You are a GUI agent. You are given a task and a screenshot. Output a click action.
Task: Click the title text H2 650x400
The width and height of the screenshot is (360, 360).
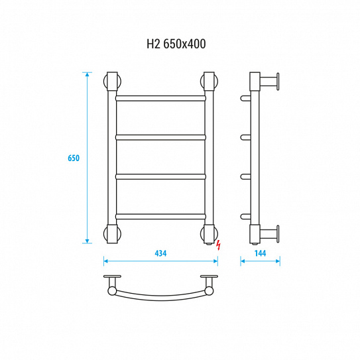[x=176, y=44]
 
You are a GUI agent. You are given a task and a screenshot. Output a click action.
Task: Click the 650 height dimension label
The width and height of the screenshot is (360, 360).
[x=74, y=158]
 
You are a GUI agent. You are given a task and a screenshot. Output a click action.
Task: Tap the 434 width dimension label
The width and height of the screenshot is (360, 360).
[x=160, y=253]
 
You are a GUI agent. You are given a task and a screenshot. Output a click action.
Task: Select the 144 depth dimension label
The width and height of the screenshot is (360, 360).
[x=260, y=253]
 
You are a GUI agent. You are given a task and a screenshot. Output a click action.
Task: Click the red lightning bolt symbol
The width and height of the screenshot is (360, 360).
[x=219, y=245]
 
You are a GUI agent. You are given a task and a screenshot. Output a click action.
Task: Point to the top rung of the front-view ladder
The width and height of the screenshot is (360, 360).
[x=160, y=99]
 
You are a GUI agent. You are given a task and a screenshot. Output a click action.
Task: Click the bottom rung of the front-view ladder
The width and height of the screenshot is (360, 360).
[x=160, y=217]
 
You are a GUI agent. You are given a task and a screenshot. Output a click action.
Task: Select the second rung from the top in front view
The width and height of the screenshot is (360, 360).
[x=160, y=137]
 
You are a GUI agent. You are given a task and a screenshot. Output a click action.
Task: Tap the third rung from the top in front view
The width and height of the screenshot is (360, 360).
[x=160, y=177]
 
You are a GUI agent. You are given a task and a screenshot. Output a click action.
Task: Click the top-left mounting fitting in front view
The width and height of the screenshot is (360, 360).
[x=112, y=82]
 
